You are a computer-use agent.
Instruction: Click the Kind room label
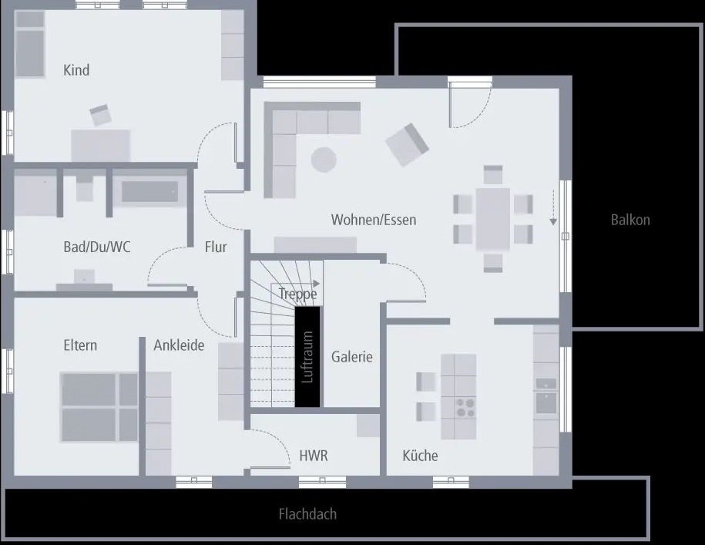pyautogui.click(x=76, y=70)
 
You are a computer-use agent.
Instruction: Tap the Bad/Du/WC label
pyautogui.click(x=96, y=247)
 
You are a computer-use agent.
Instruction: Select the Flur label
pyautogui.click(x=216, y=247)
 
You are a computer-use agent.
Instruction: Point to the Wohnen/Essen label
pyautogui.click(x=374, y=220)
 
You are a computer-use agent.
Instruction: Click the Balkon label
pyautogui.click(x=630, y=220)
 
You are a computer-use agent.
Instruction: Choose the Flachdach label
pyautogui.click(x=307, y=514)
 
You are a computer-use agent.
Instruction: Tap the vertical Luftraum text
pyautogui.click(x=308, y=357)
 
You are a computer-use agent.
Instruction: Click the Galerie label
pyautogui.click(x=352, y=357)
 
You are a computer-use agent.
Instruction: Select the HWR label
pyautogui.click(x=313, y=456)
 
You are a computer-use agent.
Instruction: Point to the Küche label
pyautogui.click(x=420, y=456)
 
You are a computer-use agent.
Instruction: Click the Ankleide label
pyautogui.click(x=179, y=345)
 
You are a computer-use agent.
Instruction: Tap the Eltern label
pyautogui.click(x=80, y=345)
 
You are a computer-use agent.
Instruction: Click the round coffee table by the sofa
pyautogui.click(x=324, y=160)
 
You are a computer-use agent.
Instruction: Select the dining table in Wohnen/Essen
pyautogui.click(x=493, y=218)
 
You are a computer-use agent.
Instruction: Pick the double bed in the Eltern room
pyautogui.click(x=99, y=407)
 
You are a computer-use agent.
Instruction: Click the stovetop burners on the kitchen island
pyautogui.click(x=465, y=406)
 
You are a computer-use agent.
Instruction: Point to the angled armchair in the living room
pyautogui.click(x=407, y=144)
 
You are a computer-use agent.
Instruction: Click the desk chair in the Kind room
pyautogui.click(x=101, y=116)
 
